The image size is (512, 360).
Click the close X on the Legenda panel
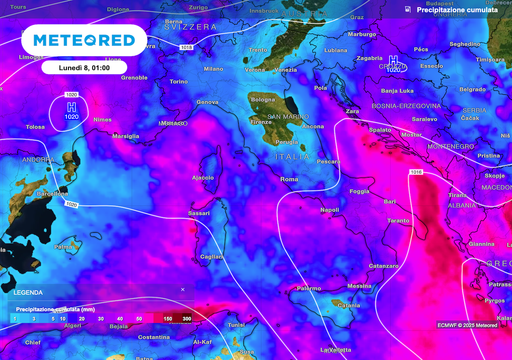click(182, 289)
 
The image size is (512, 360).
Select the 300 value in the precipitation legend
click(186, 318)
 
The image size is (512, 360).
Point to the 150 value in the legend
click(167, 318)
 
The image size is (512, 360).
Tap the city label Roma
click(289, 179)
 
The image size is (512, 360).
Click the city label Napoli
click(330, 210)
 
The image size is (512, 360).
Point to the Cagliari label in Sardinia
click(211, 257)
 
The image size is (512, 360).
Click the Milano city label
click(213, 69)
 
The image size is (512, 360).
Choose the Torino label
click(178, 81)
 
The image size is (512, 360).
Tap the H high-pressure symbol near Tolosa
click(70, 106)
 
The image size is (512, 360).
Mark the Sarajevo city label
click(424, 118)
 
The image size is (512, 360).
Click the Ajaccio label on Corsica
click(203, 177)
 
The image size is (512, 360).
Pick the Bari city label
click(389, 202)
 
